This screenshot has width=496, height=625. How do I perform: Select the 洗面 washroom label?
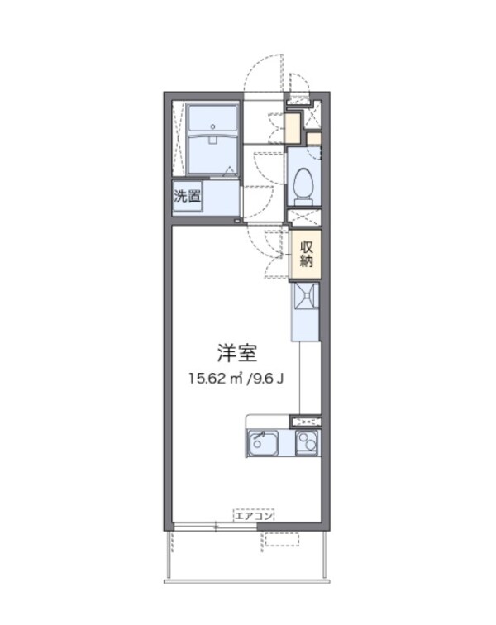pos(187,197)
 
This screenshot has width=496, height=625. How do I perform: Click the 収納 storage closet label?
pos(306,253)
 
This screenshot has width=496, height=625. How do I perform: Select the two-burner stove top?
pos(307,442)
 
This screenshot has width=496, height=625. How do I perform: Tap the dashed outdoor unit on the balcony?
pos(281,540)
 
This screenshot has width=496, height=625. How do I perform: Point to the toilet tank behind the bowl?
pos(303,198)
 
